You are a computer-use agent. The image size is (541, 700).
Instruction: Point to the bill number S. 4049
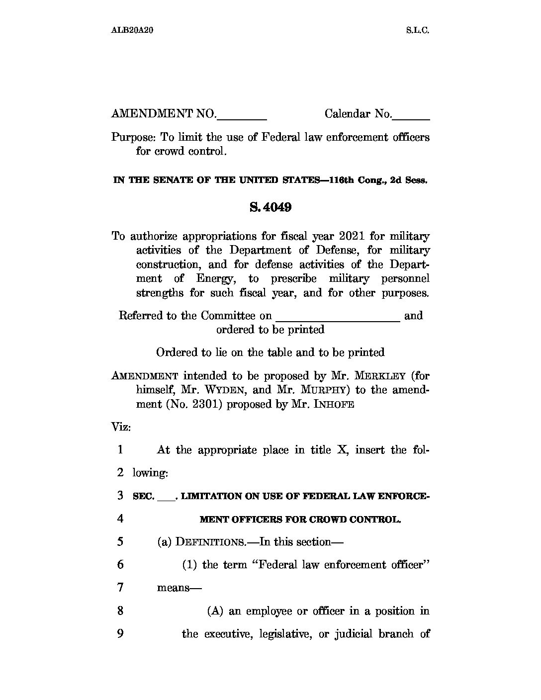coord(270,207)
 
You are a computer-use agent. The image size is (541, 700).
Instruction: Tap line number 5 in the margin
coord(120,541)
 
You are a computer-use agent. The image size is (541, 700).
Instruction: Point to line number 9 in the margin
coord(120,634)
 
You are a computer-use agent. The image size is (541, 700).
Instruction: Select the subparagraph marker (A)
coord(215,611)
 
